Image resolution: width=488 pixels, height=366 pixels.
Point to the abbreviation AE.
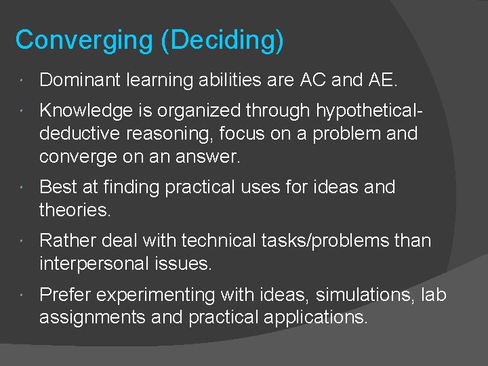click(x=382, y=80)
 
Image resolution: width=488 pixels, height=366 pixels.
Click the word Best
click(x=56, y=187)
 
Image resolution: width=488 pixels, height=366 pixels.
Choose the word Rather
click(x=66, y=241)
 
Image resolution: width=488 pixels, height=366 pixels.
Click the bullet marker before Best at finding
click(x=23, y=187)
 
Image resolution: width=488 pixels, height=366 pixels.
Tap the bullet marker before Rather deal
click(x=23, y=241)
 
